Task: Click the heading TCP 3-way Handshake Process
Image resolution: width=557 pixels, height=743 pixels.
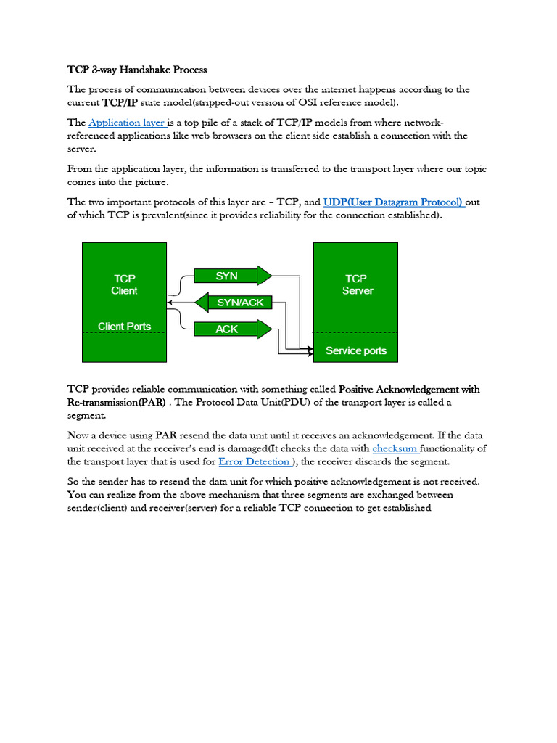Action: [137, 70]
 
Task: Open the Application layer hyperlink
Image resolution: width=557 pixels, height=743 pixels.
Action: [127, 123]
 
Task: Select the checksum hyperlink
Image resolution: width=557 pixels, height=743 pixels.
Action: [395, 448]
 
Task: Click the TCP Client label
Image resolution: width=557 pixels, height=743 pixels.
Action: [124, 284]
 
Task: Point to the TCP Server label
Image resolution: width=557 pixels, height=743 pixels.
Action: [356, 284]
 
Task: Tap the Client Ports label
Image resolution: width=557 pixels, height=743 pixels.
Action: [124, 327]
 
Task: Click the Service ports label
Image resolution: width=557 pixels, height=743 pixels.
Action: [356, 351]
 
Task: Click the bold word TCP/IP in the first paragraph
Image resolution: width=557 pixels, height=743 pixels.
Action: [120, 103]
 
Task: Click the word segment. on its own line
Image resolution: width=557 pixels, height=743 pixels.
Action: [86, 416]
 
